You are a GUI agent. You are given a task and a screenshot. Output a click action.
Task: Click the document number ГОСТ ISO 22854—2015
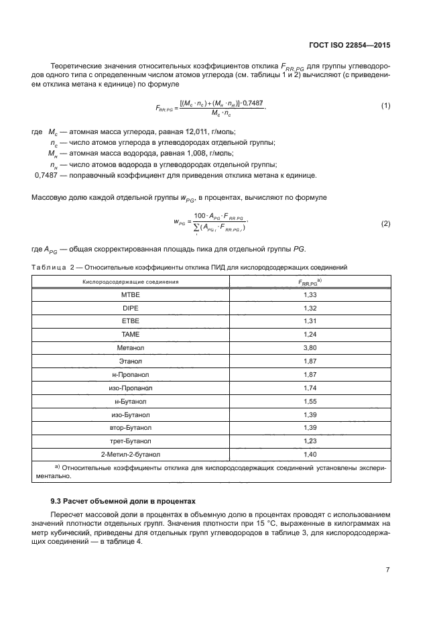click(x=355, y=46)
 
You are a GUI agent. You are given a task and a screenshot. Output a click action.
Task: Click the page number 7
click(x=387, y=569)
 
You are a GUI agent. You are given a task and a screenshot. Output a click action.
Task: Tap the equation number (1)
click(x=385, y=107)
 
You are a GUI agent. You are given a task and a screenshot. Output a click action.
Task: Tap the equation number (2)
click(x=385, y=223)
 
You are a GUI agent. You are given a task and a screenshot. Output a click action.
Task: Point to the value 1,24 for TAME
click(x=310, y=334)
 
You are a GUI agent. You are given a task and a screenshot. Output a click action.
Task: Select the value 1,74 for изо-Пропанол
click(x=310, y=388)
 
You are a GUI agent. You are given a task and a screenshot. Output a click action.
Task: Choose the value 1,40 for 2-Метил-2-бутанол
click(x=310, y=454)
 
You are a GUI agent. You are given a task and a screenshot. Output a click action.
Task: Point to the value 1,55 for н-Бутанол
click(x=310, y=401)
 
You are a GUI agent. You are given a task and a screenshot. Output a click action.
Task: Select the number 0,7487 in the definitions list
click(x=46, y=176)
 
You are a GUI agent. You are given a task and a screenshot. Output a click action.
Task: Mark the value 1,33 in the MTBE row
click(x=310, y=295)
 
